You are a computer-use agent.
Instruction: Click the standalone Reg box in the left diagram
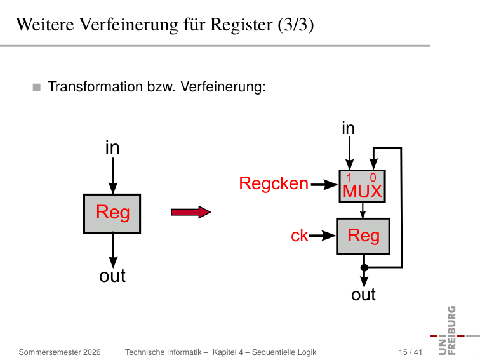click(x=112, y=213)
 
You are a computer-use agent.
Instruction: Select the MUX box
click(x=362, y=186)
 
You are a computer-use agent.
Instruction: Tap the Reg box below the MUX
click(x=363, y=236)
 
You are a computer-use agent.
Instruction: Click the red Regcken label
click(x=274, y=183)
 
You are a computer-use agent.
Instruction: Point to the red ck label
click(x=300, y=236)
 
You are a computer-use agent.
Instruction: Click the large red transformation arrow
click(x=190, y=212)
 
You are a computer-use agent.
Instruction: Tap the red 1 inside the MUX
click(x=349, y=178)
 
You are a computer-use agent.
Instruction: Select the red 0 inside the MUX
click(x=373, y=178)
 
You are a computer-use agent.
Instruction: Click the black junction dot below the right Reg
click(x=364, y=267)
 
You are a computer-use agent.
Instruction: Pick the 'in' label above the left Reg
click(x=112, y=147)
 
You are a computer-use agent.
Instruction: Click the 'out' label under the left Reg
click(x=112, y=276)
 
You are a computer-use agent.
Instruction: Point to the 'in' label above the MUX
click(x=349, y=128)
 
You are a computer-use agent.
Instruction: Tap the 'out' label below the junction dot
click(x=363, y=295)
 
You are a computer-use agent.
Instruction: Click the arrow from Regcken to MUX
click(x=324, y=185)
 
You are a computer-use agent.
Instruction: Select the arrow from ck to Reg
click(x=323, y=236)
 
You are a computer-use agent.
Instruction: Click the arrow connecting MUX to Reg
click(x=363, y=210)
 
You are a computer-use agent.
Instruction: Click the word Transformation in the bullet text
click(x=95, y=86)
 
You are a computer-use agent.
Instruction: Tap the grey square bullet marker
click(x=37, y=88)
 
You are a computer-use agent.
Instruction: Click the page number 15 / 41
click(x=410, y=352)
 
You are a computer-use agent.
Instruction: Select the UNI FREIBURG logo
click(x=451, y=331)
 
